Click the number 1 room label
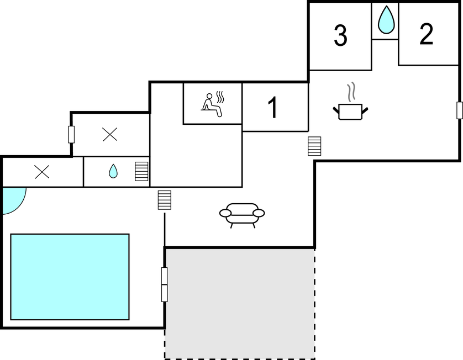(273, 108)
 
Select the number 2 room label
(426, 34)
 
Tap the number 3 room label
(340, 35)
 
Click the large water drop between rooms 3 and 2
(386, 20)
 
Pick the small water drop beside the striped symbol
(113, 171)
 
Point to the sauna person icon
(212, 104)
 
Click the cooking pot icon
(350, 112)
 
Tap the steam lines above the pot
(351, 92)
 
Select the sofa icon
(242, 215)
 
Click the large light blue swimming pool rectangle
(70, 277)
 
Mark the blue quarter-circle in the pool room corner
(13, 200)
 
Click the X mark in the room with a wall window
(110, 135)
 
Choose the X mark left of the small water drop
(42, 172)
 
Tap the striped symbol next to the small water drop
(141, 172)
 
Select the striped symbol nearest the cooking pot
(314, 146)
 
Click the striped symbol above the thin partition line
(165, 200)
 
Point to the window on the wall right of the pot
(460, 110)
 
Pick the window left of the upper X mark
(71, 135)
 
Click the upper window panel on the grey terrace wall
(165, 276)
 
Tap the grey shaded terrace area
(240, 304)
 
